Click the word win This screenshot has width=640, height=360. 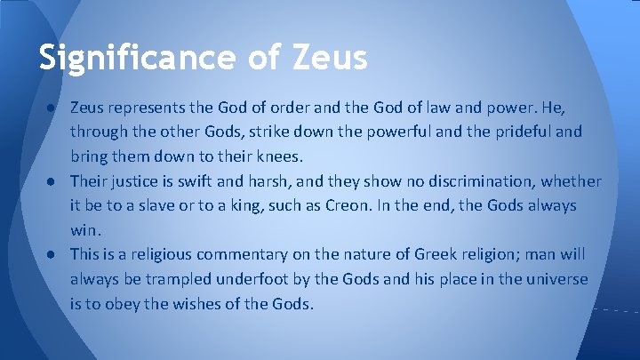click(x=83, y=230)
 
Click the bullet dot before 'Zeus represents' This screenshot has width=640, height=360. click(x=55, y=108)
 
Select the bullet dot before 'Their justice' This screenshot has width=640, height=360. click(x=55, y=181)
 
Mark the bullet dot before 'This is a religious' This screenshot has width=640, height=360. click(x=55, y=254)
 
